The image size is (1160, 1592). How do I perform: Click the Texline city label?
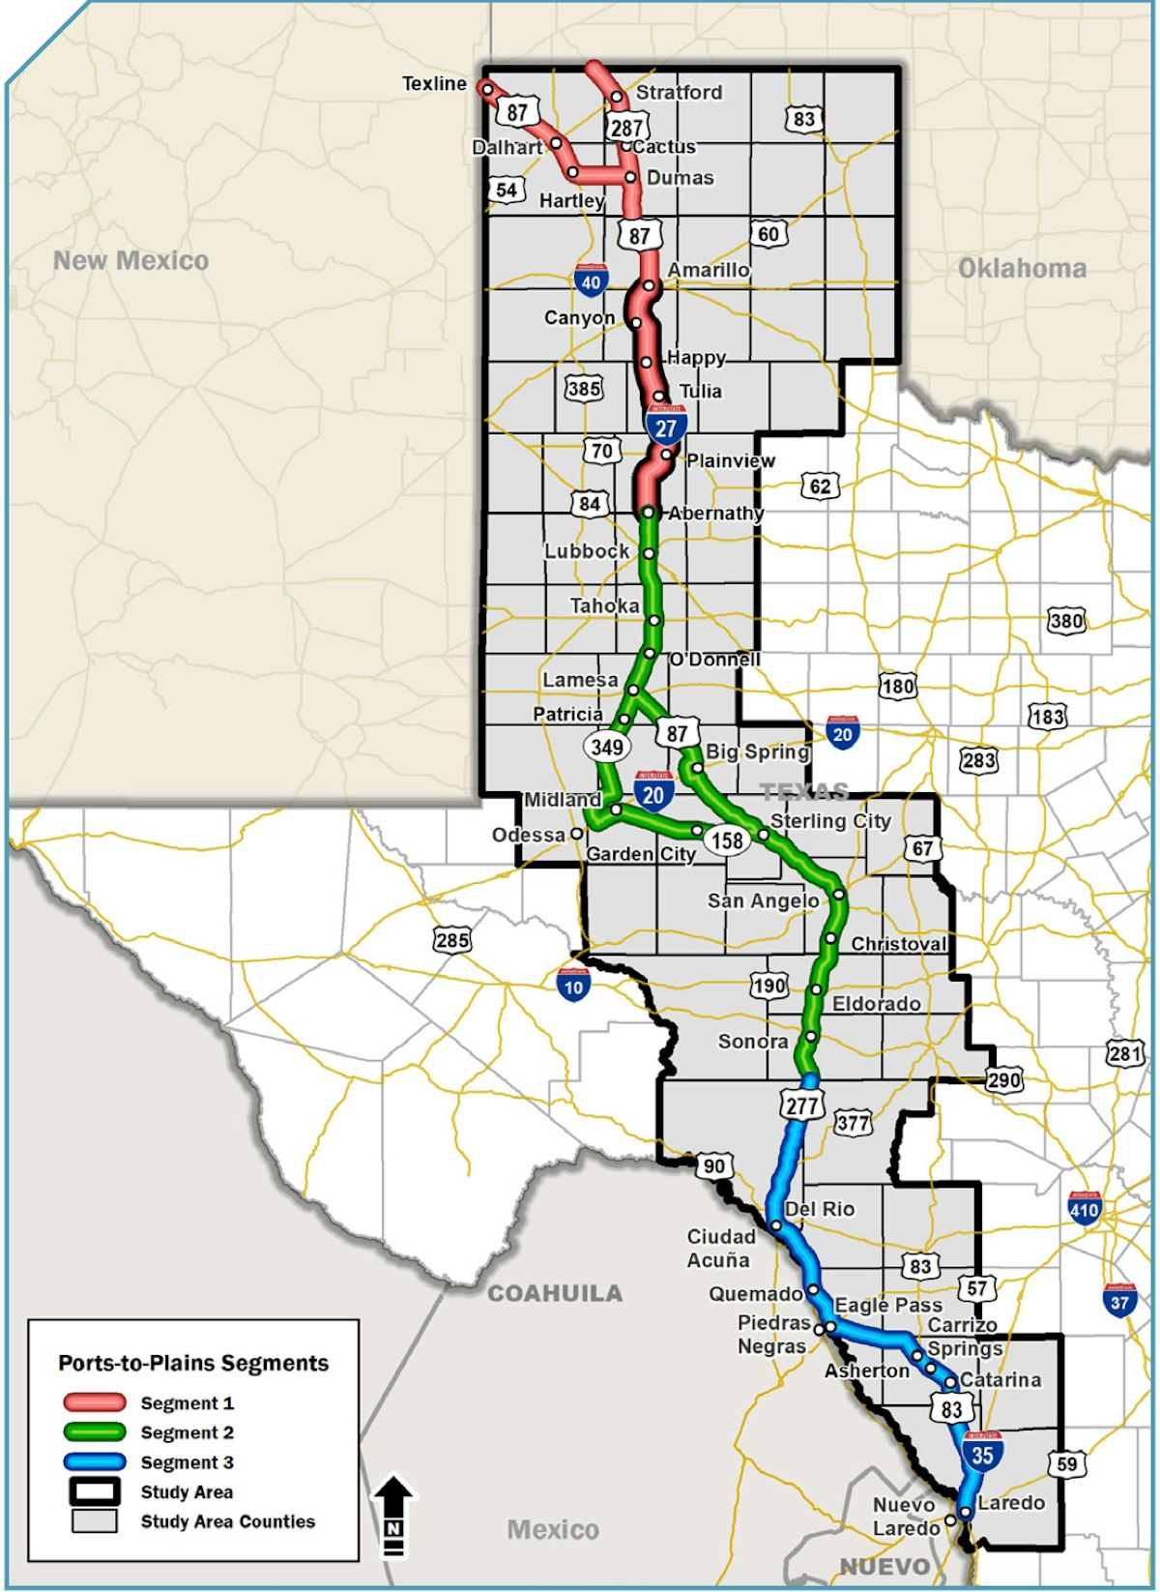434,84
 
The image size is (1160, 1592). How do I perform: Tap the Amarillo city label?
709,270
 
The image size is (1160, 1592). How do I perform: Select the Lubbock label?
587,551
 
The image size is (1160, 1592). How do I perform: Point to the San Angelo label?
763,901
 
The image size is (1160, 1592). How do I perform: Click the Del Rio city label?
820,1209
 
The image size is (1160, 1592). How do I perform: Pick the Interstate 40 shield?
591,280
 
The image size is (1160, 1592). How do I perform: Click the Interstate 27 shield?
666,427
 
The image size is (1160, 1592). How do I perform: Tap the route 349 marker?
606,747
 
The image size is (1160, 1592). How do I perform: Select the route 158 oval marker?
727,840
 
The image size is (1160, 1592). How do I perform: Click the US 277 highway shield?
801,1105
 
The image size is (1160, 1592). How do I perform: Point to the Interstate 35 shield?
982,1453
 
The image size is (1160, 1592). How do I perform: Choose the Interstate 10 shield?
573,985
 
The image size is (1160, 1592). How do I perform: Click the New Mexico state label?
130,260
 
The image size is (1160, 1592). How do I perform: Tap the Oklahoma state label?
1022,268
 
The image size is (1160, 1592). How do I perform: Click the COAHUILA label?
554,1293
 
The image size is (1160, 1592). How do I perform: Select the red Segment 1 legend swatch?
95,1402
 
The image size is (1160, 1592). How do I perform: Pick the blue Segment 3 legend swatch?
95,1461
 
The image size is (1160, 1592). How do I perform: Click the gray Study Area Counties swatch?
95,1521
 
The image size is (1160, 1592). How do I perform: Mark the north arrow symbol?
393,1514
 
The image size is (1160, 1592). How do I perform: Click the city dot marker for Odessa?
576,833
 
